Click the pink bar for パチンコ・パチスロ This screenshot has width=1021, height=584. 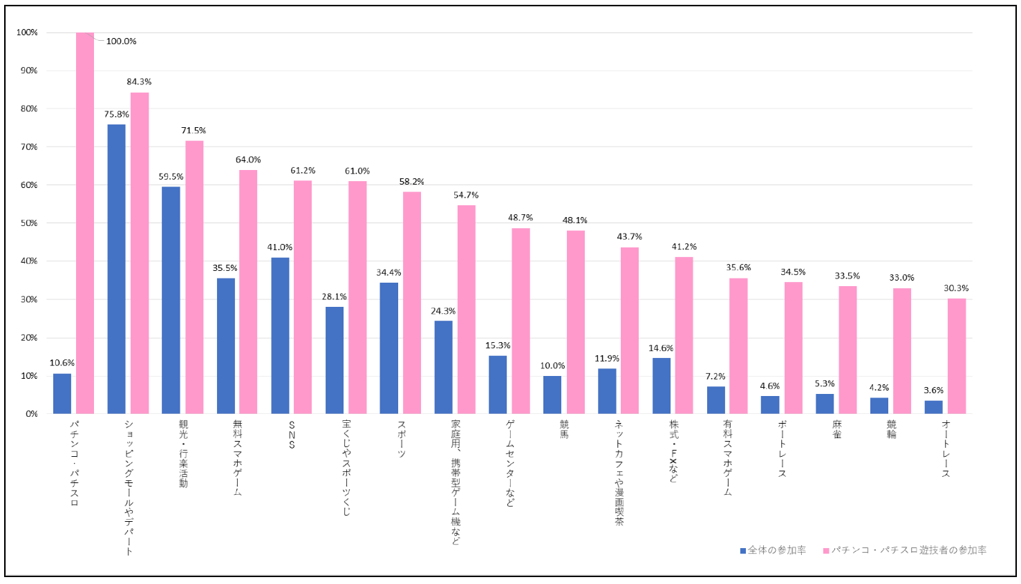pos(85,223)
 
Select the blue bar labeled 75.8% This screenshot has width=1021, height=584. pos(116,269)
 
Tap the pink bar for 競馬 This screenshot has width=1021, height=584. pos(575,322)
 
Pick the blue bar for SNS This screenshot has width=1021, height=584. pos(280,335)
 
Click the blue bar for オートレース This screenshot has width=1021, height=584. pos(933,407)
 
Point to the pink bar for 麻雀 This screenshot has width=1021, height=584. pos(847,350)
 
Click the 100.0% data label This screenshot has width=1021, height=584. pos(121,41)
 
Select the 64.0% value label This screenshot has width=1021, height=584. pos(248,160)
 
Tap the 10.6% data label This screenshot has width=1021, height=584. pos(62,363)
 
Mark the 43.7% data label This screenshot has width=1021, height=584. pos(629,237)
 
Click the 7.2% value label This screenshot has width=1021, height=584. pos(715,377)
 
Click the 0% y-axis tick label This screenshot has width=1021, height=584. pos(32,414)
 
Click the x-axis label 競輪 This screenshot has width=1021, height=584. pos(891,429)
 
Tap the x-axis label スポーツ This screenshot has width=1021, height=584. pos(402,439)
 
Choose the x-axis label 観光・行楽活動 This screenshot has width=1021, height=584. pos(183,453)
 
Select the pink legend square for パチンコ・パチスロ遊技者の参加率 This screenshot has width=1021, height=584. pos(826,551)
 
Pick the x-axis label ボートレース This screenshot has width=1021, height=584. pos(782,449)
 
